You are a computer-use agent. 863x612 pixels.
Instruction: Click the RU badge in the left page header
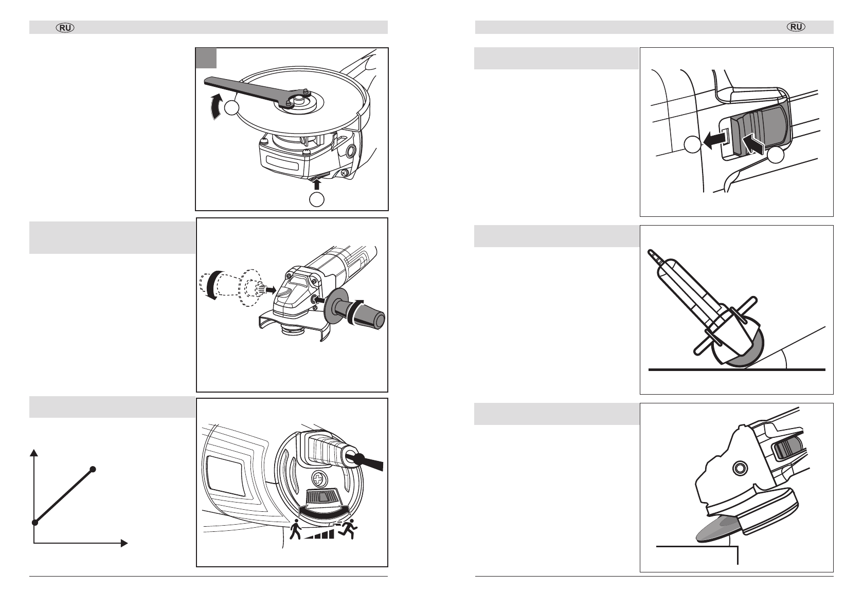[x=65, y=28]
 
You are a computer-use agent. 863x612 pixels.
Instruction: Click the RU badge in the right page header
[x=796, y=27]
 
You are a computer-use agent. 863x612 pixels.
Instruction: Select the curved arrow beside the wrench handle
[x=217, y=106]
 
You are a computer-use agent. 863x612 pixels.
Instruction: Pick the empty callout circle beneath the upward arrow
[x=317, y=199]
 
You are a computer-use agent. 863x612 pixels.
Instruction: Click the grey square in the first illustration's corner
[x=206, y=58]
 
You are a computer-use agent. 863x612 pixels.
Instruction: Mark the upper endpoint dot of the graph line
[x=93, y=469]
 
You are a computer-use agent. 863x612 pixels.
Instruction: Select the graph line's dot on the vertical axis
[x=34, y=522]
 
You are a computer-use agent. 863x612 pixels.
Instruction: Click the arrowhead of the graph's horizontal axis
[x=124, y=543]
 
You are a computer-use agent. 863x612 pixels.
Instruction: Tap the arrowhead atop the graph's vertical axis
[x=34, y=452]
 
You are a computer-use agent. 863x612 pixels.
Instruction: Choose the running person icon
[x=348, y=529]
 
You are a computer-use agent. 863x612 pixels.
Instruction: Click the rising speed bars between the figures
[x=319, y=534]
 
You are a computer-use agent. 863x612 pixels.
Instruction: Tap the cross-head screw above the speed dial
[x=318, y=479]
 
